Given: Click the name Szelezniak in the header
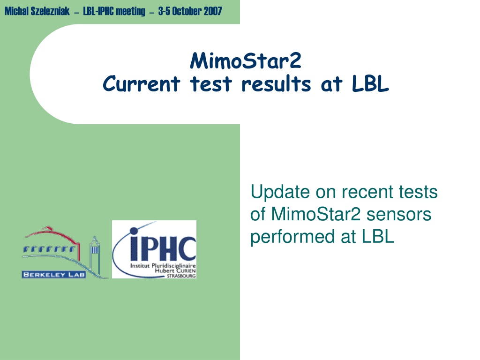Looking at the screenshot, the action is coord(50,11).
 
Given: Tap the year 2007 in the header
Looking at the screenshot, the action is coord(213,11).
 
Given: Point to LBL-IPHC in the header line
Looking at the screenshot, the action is coord(98,11).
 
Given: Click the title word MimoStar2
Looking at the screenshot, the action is coord(246,60).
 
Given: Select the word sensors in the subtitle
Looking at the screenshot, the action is coord(399,214).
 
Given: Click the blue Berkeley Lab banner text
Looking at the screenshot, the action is coord(54,275).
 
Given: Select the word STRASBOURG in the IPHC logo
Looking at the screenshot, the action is coord(181,276).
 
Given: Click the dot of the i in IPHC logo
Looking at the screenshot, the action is coord(134,231).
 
